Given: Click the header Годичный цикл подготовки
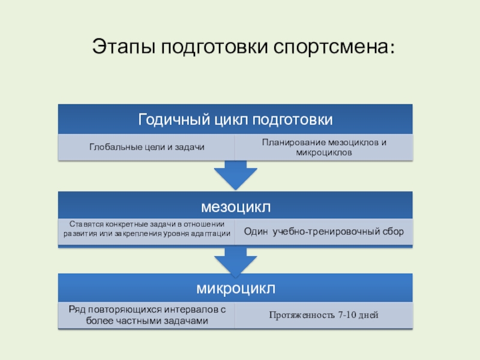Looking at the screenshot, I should tap(235, 119).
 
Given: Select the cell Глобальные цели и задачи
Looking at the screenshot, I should tap(146, 147).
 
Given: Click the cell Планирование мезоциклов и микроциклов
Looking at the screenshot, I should tap(324, 147).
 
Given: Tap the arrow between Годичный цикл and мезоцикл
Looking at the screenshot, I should tap(235, 175).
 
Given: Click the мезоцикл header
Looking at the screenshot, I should tap(235, 207).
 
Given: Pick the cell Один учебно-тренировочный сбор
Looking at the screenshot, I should tap(324, 231).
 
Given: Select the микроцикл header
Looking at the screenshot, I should tap(235, 289).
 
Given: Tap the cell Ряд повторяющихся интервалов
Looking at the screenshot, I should tap(146, 315).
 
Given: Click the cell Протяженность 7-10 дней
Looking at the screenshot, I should tap(324, 316).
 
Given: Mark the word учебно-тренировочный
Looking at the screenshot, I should tap(324, 231).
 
